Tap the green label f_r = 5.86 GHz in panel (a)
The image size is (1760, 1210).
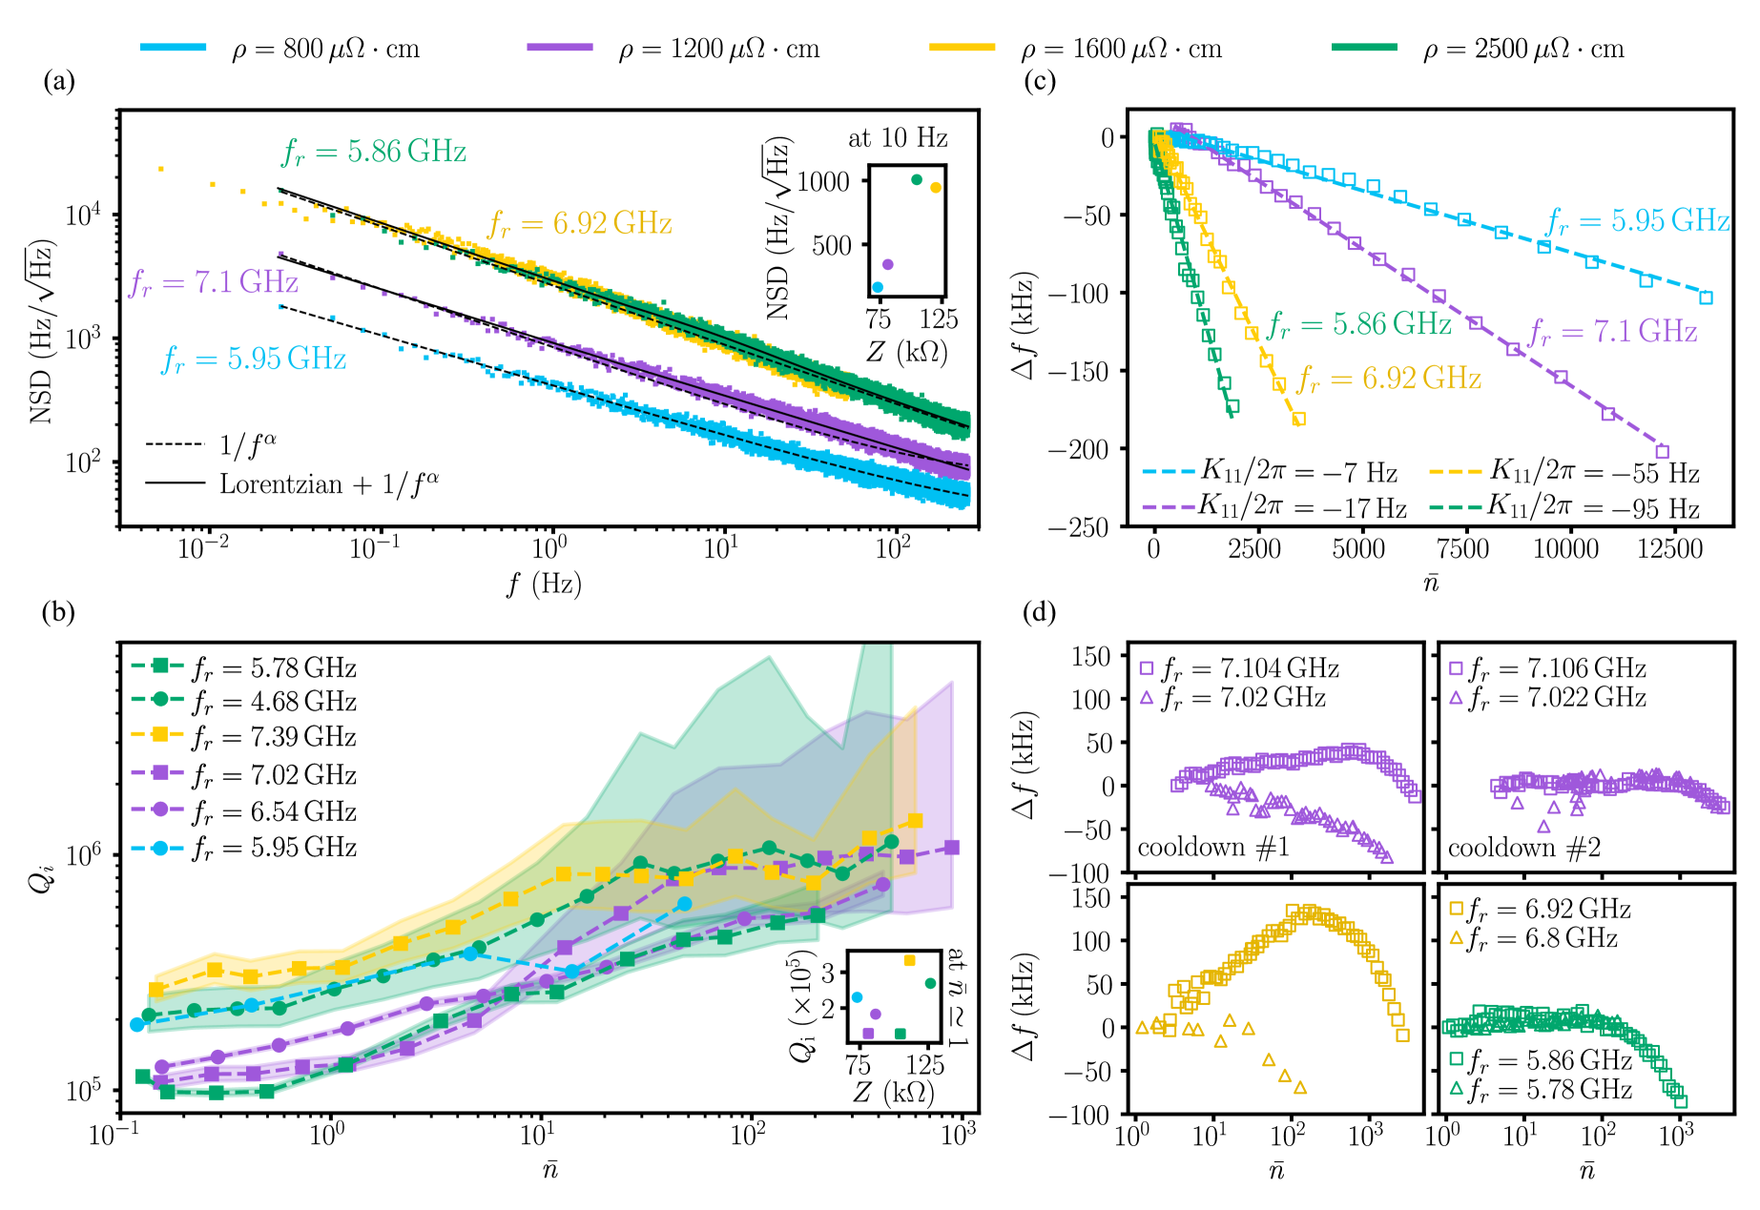click(x=373, y=152)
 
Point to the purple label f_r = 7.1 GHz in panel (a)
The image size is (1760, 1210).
click(x=214, y=282)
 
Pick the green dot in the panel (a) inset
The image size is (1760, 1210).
click(x=917, y=179)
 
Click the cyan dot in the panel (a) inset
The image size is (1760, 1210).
click(x=878, y=287)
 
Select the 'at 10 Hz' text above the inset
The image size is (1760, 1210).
click(x=898, y=138)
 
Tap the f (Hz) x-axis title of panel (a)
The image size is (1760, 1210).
click(x=544, y=584)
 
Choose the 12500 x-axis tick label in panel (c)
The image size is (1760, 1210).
click(x=1669, y=549)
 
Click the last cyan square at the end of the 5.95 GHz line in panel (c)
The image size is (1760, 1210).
click(x=1707, y=297)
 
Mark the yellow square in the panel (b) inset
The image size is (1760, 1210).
click(x=909, y=960)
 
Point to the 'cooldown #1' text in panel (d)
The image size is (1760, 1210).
click(x=1212, y=848)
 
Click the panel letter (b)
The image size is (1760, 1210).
click(x=58, y=612)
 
